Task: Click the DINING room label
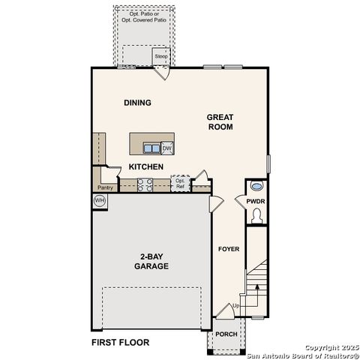click(x=138, y=103)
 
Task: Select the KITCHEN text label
click(x=146, y=166)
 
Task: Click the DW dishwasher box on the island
click(x=166, y=148)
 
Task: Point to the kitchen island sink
click(x=150, y=148)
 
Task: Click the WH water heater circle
click(x=99, y=200)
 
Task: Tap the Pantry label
click(x=105, y=187)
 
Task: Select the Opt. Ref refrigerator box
click(x=180, y=183)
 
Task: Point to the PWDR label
click(x=256, y=201)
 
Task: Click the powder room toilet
click(x=257, y=216)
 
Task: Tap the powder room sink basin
click(x=257, y=186)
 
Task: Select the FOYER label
click(x=228, y=249)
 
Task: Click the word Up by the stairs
click(x=236, y=306)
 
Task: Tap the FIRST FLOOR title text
click(x=121, y=343)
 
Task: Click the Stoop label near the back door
click(x=161, y=56)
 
